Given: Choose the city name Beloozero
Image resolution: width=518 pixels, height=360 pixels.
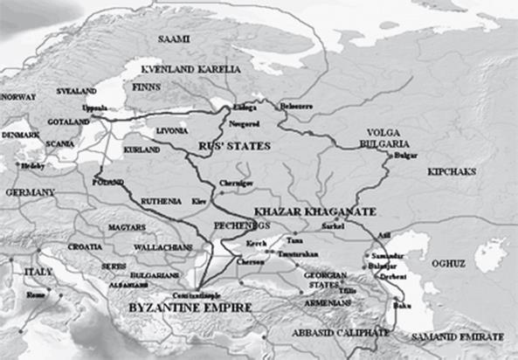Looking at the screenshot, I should pos(295,107).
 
